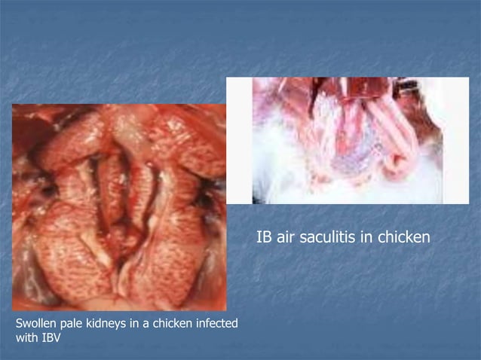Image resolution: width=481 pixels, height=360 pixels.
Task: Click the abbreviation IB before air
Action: click(x=264, y=239)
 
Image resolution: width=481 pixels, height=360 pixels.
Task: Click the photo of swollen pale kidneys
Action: click(x=118, y=207)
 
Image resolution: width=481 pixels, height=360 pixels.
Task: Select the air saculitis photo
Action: click(x=347, y=140)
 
